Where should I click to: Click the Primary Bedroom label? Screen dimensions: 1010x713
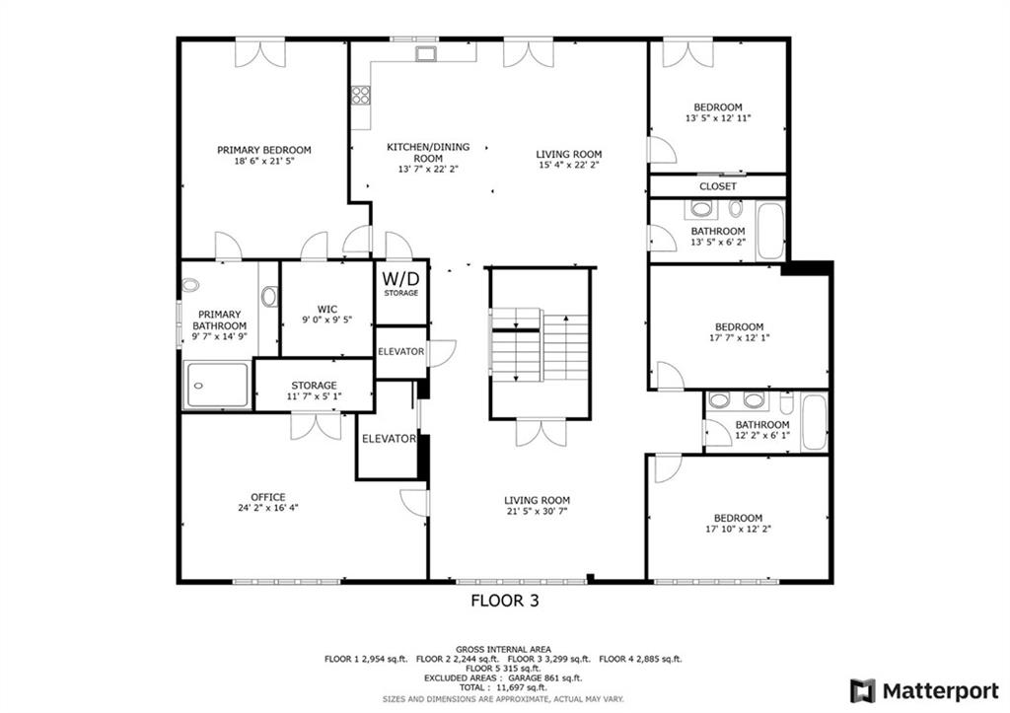263,155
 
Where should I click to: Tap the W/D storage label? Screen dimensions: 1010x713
400,283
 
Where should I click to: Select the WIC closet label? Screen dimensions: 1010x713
327,314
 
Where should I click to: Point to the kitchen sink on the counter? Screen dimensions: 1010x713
426,53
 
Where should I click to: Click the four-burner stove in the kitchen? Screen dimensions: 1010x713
361,96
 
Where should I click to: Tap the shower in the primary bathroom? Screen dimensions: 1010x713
217,385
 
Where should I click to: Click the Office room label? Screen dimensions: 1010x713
268,502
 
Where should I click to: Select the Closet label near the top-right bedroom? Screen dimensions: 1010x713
718,186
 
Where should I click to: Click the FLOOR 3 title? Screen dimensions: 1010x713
505,601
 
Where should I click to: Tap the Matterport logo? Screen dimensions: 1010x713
923,691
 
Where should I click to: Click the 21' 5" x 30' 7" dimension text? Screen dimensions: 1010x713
537,512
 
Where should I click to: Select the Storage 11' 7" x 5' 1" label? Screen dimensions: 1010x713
314,391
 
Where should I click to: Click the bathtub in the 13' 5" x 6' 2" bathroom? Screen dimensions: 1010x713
769,231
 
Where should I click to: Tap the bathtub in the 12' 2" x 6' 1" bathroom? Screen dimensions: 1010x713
814,422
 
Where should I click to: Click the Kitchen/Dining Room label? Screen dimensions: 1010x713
428,158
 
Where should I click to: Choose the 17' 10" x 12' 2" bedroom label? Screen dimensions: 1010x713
738,524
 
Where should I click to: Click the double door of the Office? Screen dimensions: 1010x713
316,426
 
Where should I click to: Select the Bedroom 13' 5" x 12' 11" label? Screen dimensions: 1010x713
718,112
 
